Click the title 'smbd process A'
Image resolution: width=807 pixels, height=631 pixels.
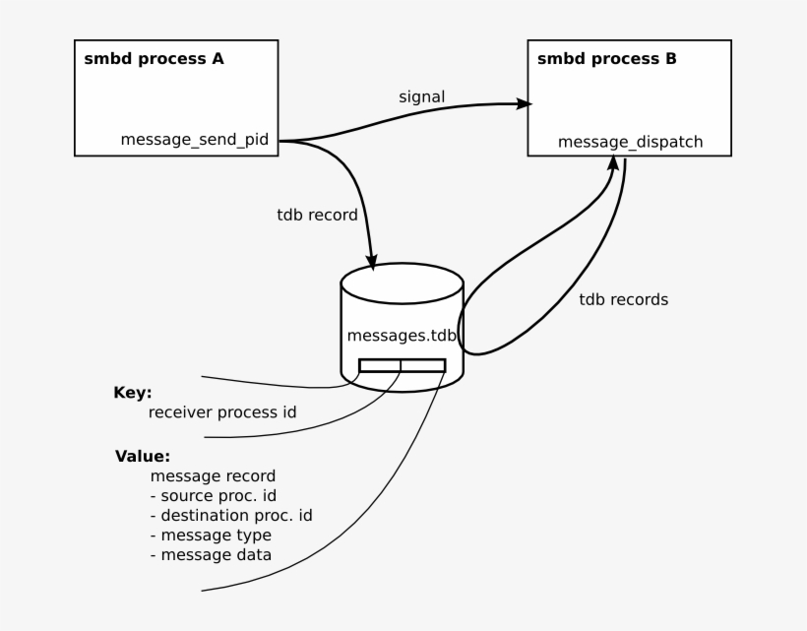coord(154,59)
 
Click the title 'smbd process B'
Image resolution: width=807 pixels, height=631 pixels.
coord(606,59)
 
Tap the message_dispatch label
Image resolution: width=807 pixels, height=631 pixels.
coord(630,143)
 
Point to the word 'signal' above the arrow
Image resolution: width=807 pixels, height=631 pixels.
coord(421,96)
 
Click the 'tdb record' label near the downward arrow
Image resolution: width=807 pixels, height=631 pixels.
coord(317,215)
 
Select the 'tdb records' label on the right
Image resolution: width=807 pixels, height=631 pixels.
coord(623,300)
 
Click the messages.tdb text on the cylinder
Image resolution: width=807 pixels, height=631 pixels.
coord(402,336)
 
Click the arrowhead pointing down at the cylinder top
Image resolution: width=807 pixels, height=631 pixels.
coord(373,260)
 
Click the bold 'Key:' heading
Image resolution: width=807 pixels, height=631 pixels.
coord(133,392)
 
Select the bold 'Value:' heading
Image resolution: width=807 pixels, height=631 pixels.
coord(143,457)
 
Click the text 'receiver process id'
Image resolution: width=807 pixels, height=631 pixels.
coord(221,412)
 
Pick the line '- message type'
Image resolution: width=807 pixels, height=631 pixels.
coord(211,536)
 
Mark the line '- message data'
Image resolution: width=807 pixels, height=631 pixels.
coord(211,555)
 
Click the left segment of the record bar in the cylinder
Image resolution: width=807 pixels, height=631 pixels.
coord(380,366)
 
